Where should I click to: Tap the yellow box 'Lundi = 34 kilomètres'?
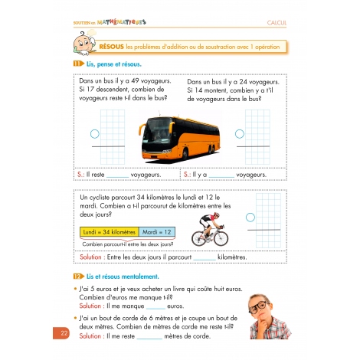pyautogui.click(x=107, y=232)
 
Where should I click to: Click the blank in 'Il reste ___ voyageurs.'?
pyautogui.click(x=118, y=175)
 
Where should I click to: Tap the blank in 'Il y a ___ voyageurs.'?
pyautogui.click(x=221, y=175)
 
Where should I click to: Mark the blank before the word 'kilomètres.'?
pyautogui.click(x=205, y=257)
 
